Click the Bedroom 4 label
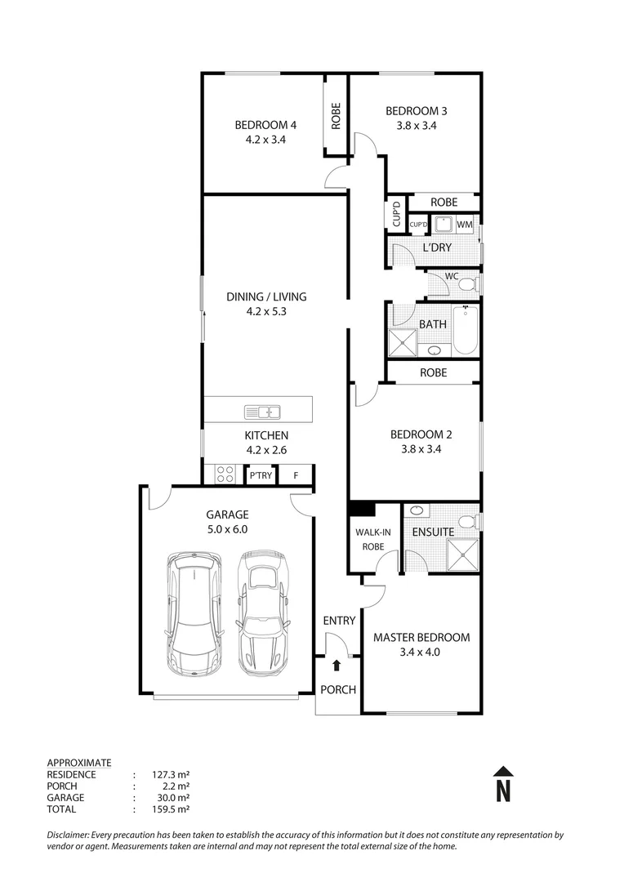tap(265, 125)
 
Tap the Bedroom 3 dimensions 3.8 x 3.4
tap(416, 126)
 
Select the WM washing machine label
tap(465, 225)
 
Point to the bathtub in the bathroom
tap(465, 330)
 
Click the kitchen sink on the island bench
tap(261, 411)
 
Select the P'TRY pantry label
tap(261, 475)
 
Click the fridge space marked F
tap(296, 475)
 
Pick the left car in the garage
tap(193, 614)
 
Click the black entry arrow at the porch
tap(337, 666)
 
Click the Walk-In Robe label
tap(372, 540)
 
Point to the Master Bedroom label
tap(421, 637)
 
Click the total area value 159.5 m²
tap(172, 809)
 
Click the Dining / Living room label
tap(265, 296)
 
